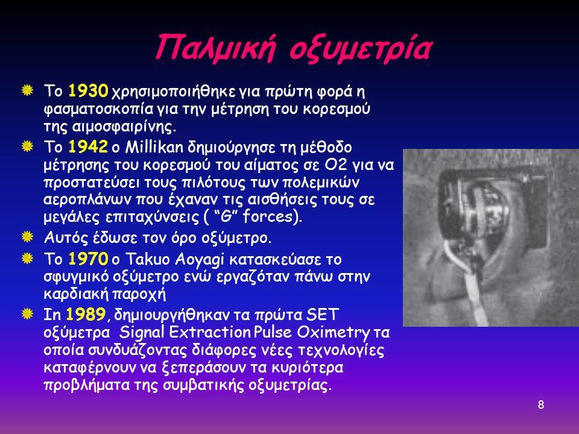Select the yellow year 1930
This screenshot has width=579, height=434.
[x=88, y=91]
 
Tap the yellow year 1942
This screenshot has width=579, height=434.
[x=88, y=147]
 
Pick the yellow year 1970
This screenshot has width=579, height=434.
[x=88, y=259]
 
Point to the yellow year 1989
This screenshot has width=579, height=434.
[x=86, y=315]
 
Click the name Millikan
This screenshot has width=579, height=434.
[x=154, y=147]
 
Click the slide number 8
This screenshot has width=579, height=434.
[x=541, y=405]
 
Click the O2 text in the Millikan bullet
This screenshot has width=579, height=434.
[x=336, y=165]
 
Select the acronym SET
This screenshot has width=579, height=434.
[x=322, y=315]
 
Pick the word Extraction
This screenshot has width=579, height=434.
[x=210, y=332]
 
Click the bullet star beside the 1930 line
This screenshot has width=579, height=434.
[x=27, y=90]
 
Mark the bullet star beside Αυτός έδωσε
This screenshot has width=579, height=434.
[x=27, y=236]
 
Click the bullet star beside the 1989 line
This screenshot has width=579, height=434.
[x=27, y=314]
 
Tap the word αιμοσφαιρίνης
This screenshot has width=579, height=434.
[x=110, y=127]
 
